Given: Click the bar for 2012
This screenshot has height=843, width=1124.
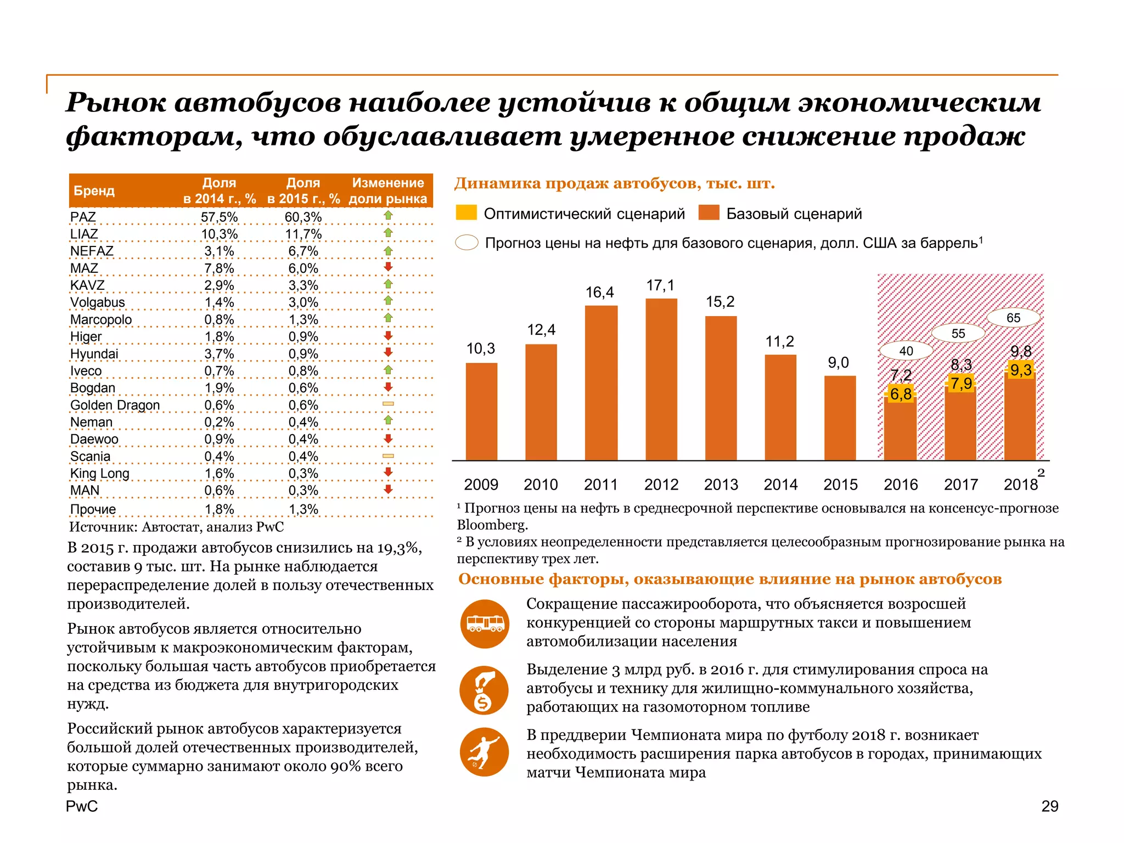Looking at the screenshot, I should point(661,379).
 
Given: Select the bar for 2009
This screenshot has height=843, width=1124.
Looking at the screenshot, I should point(481,412).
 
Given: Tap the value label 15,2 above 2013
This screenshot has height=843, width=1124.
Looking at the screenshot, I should point(720,302).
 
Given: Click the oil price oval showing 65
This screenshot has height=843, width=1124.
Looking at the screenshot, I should point(1013,318).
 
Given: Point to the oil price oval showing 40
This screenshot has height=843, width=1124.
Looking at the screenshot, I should point(906,351).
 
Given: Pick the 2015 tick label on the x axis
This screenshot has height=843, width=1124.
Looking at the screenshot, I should point(840,485).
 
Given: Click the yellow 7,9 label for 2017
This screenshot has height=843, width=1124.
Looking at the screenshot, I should point(961,383).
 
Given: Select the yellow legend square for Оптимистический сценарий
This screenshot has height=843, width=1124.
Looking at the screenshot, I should point(466,213).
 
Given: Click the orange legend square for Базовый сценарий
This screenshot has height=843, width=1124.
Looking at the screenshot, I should point(709,213).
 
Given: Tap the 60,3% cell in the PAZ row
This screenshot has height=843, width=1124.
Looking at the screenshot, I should point(303,217).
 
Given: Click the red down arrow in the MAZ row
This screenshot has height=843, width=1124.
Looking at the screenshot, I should point(388,267).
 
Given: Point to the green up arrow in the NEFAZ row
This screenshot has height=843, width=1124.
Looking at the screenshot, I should point(388,251).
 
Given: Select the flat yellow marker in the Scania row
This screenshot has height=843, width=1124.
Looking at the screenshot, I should point(388,456).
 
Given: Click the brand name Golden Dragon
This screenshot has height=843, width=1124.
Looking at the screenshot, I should point(115,405).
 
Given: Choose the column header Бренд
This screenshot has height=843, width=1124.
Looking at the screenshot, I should point(94,190).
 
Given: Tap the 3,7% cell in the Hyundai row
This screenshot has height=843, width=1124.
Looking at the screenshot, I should point(219,354).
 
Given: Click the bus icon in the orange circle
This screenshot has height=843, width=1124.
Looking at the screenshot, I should point(484,623).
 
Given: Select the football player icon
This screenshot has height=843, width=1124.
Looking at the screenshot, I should point(484,752).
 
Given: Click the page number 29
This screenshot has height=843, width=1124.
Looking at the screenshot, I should point(1049,806).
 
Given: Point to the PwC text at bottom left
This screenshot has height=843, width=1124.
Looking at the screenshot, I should point(82,806).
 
